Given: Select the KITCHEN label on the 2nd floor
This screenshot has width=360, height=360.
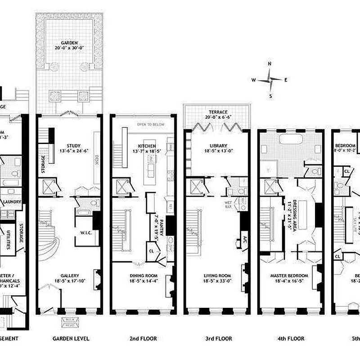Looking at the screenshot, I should click(147, 146).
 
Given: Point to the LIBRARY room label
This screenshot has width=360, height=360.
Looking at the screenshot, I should click(218, 146).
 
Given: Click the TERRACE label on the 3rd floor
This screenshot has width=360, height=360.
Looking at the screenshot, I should click(218, 112).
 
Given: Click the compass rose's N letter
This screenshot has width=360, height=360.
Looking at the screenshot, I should click(270, 64).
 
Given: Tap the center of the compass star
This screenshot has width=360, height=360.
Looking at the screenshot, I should click(270, 80).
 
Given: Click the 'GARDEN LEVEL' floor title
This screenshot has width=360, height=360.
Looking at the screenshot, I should click(71, 338).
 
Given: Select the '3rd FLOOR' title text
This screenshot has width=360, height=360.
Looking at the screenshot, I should click(217, 338).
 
